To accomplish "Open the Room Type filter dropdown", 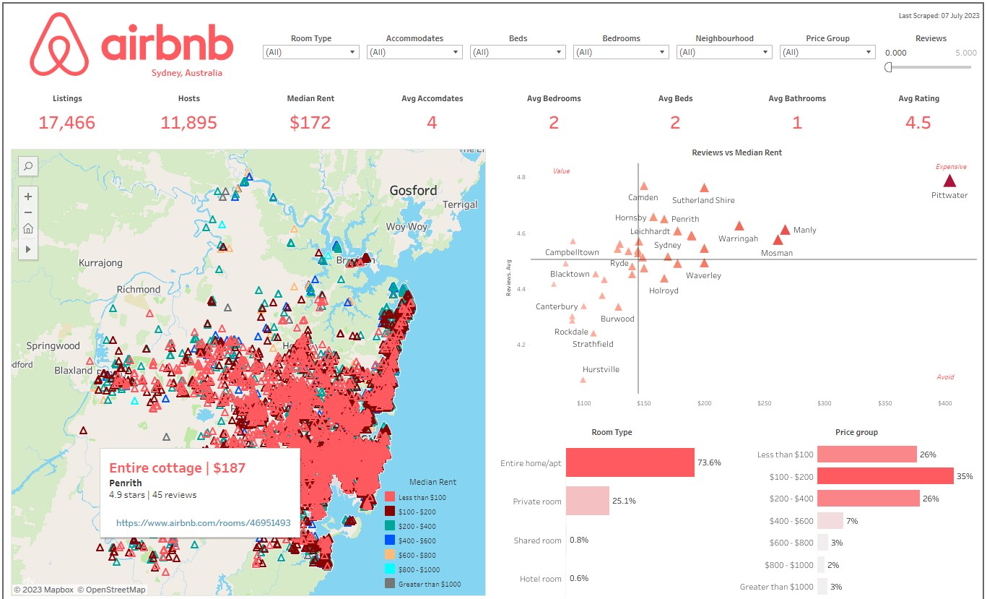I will pyautogui.click(x=311, y=52).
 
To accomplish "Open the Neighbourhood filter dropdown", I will pyautogui.click(x=724, y=52).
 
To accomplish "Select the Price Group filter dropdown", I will pyautogui.click(x=827, y=52).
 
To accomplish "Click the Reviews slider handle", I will pyautogui.click(x=888, y=67).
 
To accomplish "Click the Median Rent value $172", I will pyautogui.click(x=310, y=123).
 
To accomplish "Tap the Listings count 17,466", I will pyautogui.click(x=66, y=123).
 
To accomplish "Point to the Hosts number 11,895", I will pyautogui.click(x=188, y=123).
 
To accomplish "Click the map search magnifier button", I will pyautogui.click(x=27, y=166).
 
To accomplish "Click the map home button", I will pyautogui.click(x=27, y=229).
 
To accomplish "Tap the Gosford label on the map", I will pyautogui.click(x=413, y=191).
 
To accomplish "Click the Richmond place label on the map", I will pyautogui.click(x=139, y=289).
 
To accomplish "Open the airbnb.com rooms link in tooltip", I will pyautogui.click(x=203, y=522).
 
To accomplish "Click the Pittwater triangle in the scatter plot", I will pyautogui.click(x=949, y=181).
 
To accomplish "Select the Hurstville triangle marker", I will pyautogui.click(x=583, y=379).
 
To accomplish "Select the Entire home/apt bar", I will pyautogui.click(x=630, y=462).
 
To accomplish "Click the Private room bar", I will pyautogui.click(x=587, y=501).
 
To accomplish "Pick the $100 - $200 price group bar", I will pyautogui.click(x=885, y=476).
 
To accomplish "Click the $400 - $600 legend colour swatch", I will pyautogui.click(x=390, y=540).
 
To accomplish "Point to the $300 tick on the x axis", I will pyautogui.click(x=825, y=403).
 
